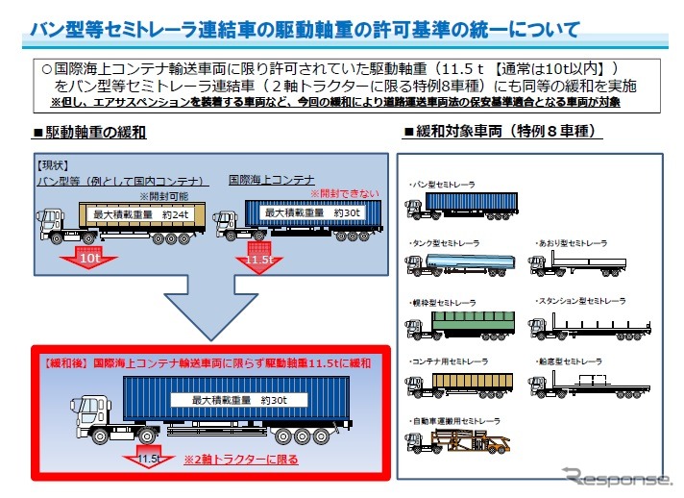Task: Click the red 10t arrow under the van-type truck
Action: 88,257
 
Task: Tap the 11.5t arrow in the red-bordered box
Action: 149,456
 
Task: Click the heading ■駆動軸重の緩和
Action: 89,132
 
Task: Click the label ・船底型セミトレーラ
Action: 574,361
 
